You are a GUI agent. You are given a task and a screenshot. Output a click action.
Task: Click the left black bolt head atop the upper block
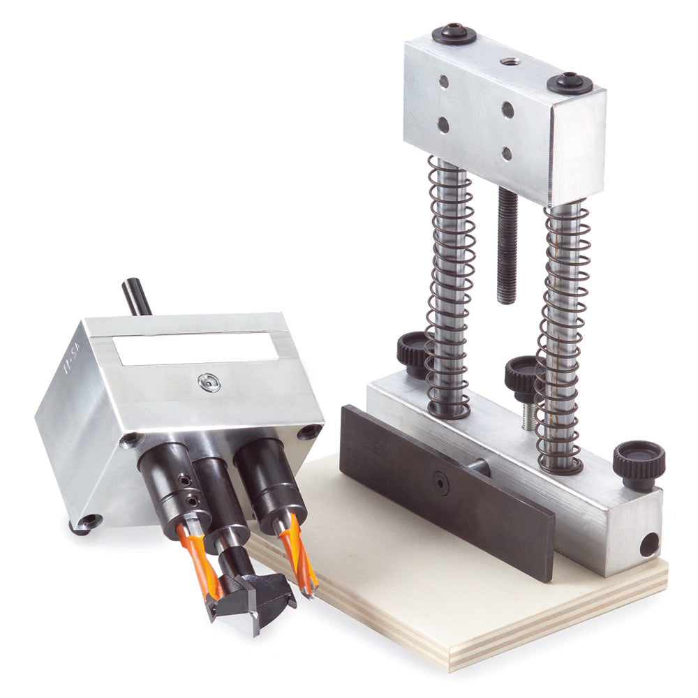click(454, 34)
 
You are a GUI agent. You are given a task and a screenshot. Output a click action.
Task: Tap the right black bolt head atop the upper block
click(569, 83)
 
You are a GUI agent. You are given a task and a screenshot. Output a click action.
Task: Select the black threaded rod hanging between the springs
click(507, 244)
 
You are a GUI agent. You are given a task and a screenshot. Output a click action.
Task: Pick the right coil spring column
click(564, 328)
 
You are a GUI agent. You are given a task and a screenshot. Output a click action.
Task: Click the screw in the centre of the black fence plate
click(440, 482)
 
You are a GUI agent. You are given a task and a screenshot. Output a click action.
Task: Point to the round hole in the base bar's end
click(649, 544)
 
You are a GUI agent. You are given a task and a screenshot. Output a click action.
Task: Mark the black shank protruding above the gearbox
click(137, 297)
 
